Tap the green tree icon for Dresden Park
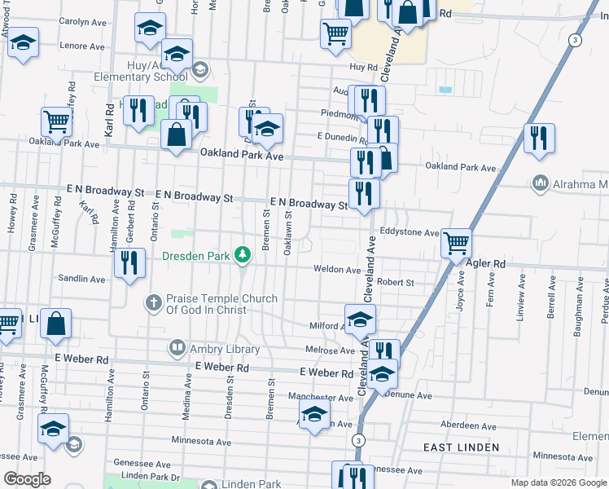(x=242, y=256)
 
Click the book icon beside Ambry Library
(x=177, y=349)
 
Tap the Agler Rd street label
(x=488, y=264)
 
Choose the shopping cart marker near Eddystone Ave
(x=456, y=242)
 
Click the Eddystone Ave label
(x=410, y=232)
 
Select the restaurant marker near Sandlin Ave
(x=129, y=262)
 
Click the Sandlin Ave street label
(x=81, y=279)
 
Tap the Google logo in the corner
(x=27, y=478)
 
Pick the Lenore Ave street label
(x=82, y=46)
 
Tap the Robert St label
(x=396, y=282)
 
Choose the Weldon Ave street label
(x=337, y=269)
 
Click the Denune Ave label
(x=410, y=395)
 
